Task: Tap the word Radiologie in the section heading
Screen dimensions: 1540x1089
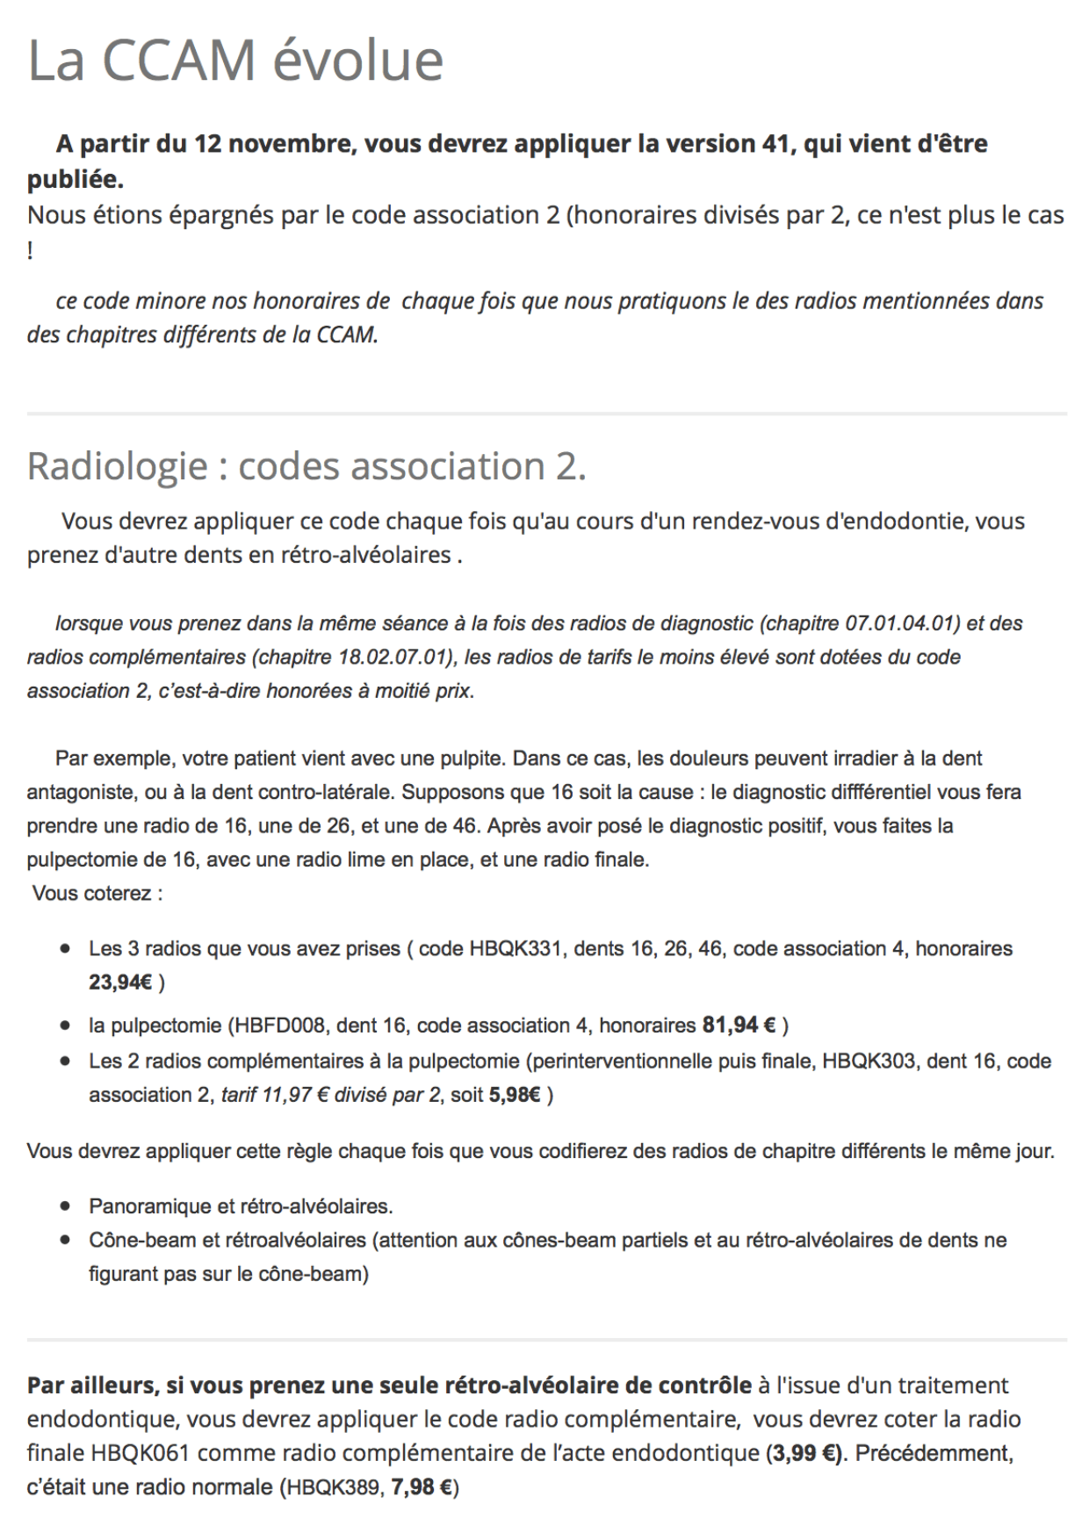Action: click(117, 466)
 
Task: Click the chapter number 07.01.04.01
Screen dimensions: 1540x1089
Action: click(900, 623)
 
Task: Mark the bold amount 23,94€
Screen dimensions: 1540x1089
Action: click(120, 982)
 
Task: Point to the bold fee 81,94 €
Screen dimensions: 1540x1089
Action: click(739, 1025)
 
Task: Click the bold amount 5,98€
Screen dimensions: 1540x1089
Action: click(516, 1095)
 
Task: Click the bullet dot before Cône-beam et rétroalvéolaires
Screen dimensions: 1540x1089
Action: click(66, 1241)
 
